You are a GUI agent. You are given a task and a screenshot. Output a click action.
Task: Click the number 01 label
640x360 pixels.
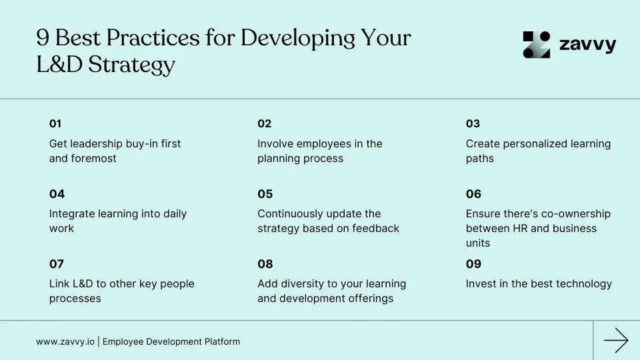(55, 123)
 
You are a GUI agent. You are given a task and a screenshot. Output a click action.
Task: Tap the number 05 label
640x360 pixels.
(265, 194)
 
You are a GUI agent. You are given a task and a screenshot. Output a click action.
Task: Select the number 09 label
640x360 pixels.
(473, 264)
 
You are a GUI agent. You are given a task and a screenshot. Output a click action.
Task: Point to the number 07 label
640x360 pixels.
(57, 264)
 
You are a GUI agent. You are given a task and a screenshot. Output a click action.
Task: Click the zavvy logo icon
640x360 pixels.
(537, 45)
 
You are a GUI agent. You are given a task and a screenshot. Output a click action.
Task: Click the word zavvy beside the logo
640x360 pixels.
(587, 45)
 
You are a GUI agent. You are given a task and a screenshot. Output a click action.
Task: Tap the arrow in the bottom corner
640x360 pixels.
(616, 341)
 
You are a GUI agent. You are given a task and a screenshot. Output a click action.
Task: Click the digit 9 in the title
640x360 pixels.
(42, 38)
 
